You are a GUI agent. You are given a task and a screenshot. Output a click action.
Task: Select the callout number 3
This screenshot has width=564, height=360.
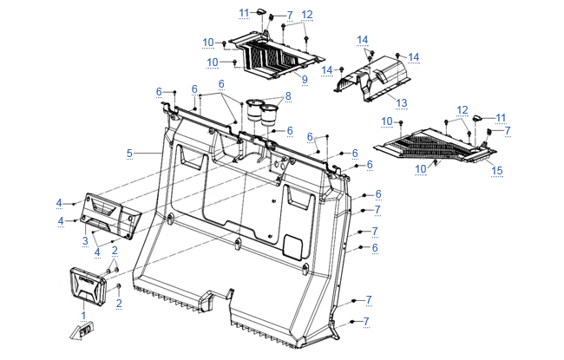pyautogui.click(x=85, y=240)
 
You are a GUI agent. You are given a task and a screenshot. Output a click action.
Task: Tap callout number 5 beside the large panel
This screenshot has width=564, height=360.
pyautogui.click(x=129, y=154)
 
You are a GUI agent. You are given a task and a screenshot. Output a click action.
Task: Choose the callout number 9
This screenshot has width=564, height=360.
pyautogui.click(x=305, y=79)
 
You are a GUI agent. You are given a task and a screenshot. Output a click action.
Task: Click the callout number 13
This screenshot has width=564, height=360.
pyautogui.click(x=401, y=102)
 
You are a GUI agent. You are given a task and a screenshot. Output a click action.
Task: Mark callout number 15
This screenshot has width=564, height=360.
pyautogui.click(x=496, y=171)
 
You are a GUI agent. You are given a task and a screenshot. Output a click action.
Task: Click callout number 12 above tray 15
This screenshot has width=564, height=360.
pyautogui.click(x=462, y=109)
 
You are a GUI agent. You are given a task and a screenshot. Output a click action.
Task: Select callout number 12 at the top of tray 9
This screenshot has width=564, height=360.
pyautogui.click(x=307, y=14)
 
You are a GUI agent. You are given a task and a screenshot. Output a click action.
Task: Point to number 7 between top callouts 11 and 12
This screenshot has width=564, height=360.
pyautogui.click(x=289, y=16)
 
